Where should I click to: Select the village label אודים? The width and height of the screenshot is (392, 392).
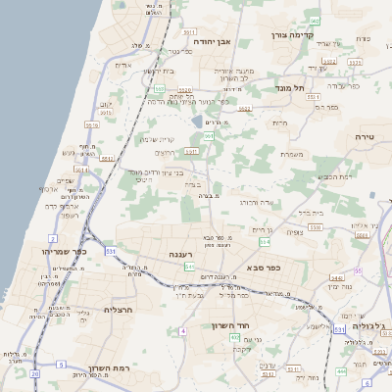[x=123, y=65]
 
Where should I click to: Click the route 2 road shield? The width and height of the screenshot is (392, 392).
[x=52, y=238]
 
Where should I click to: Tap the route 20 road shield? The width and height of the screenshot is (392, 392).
[x=35, y=373]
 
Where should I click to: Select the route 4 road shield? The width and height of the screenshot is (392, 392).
[x=182, y=330]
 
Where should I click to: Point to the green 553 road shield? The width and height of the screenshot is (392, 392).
[x=158, y=88]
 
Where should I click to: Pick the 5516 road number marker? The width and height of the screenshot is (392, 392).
[x=91, y=124]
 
